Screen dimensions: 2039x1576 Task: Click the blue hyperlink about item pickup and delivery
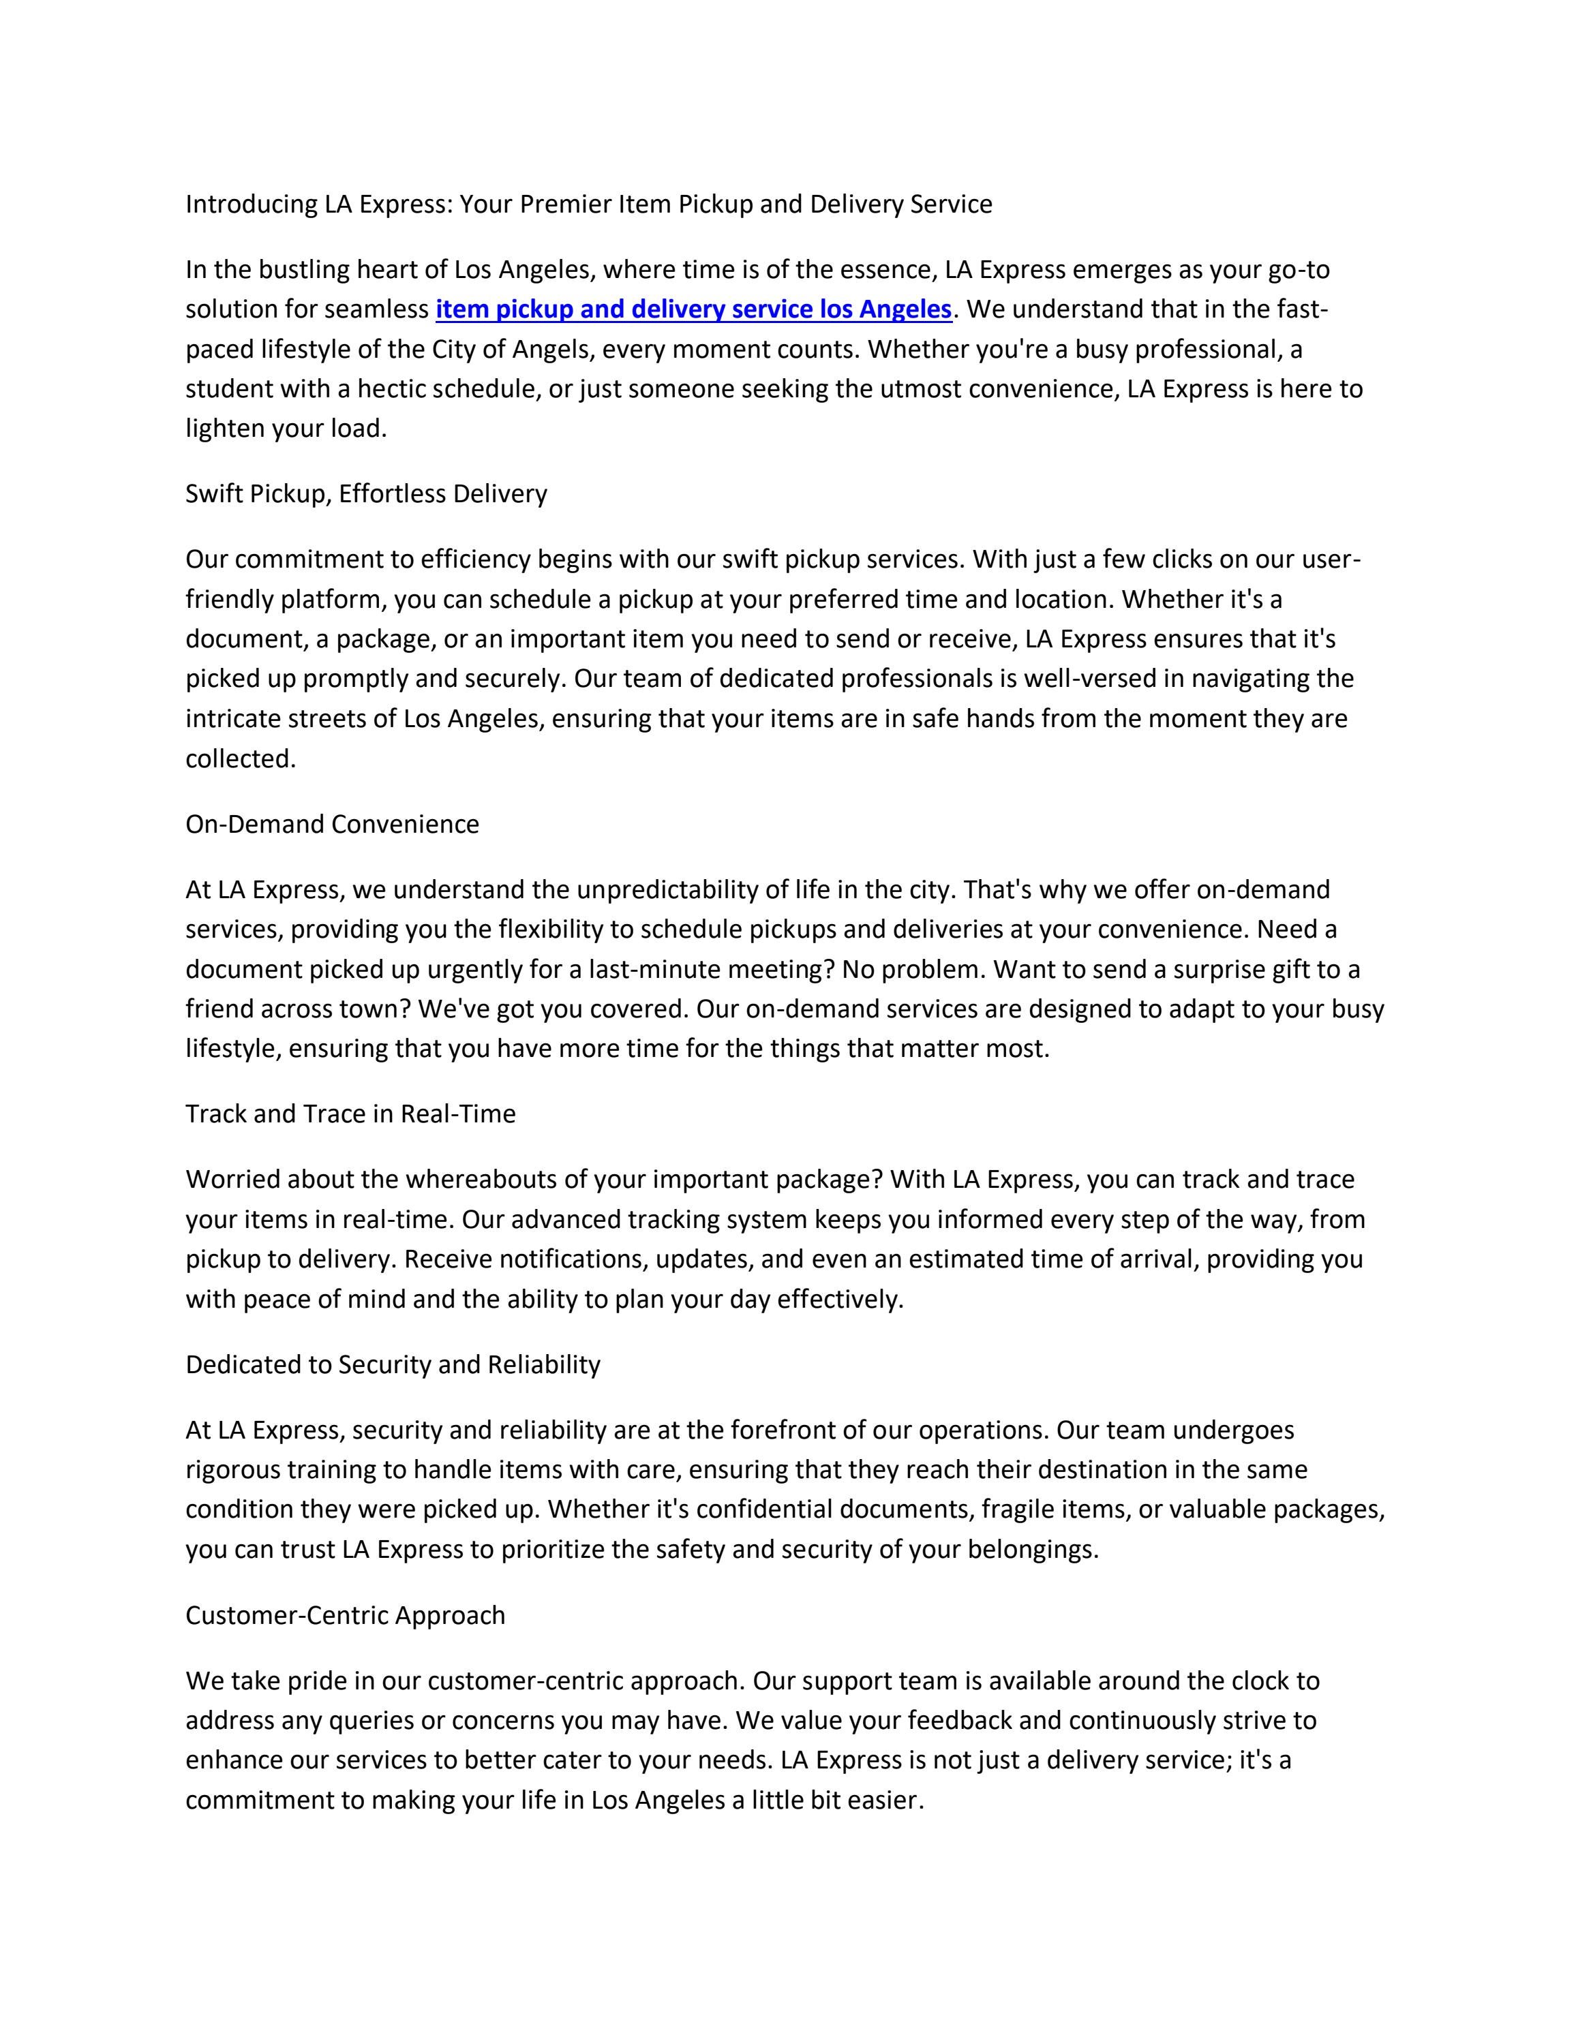(x=693, y=309)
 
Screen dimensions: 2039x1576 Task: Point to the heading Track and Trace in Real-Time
(x=350, y=1114)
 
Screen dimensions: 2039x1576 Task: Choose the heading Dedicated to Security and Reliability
(x=392, y=1364)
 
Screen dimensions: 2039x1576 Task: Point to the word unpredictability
(x=667, y=890)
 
